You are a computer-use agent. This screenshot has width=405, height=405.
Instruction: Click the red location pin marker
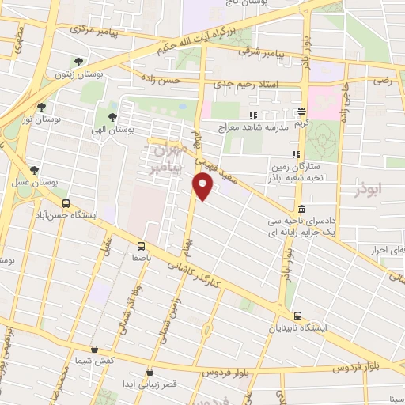point(203,187)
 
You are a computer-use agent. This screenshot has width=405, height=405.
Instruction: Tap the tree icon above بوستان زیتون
point(78,62)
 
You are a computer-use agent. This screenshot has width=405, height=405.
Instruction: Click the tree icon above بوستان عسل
point(34,170)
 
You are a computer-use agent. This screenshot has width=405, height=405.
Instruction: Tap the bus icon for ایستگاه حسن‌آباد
point(66,202)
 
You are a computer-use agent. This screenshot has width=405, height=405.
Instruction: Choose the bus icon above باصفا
point(142,245)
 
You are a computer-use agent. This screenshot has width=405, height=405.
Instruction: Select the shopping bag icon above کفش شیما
point(94,349)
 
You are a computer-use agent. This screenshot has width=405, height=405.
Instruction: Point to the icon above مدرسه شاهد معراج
point(253,115)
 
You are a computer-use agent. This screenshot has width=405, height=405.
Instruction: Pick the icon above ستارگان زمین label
point(294,154)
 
